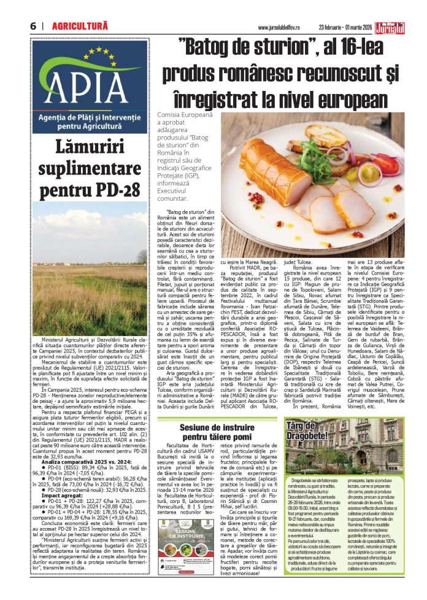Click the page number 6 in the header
tap(32, 26)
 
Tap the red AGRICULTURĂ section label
tap(80, 26)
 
